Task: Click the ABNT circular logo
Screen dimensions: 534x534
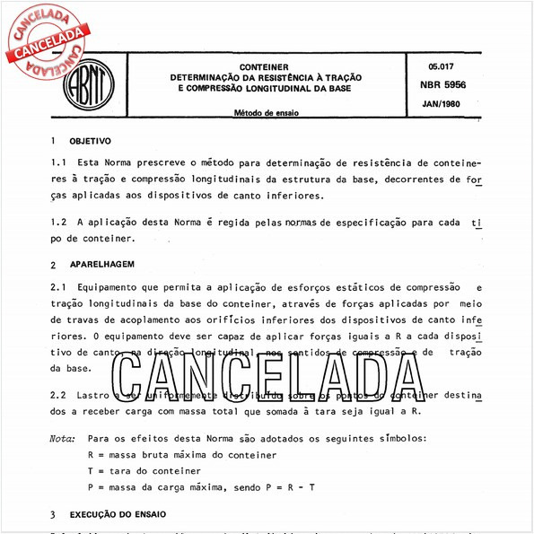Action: (90, 84)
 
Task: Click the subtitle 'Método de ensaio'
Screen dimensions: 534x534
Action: (267, 113)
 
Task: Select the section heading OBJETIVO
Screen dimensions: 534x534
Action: (90, 142)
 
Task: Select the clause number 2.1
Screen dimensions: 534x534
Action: (59, 287)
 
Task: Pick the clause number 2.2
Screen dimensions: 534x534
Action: (59, 395)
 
